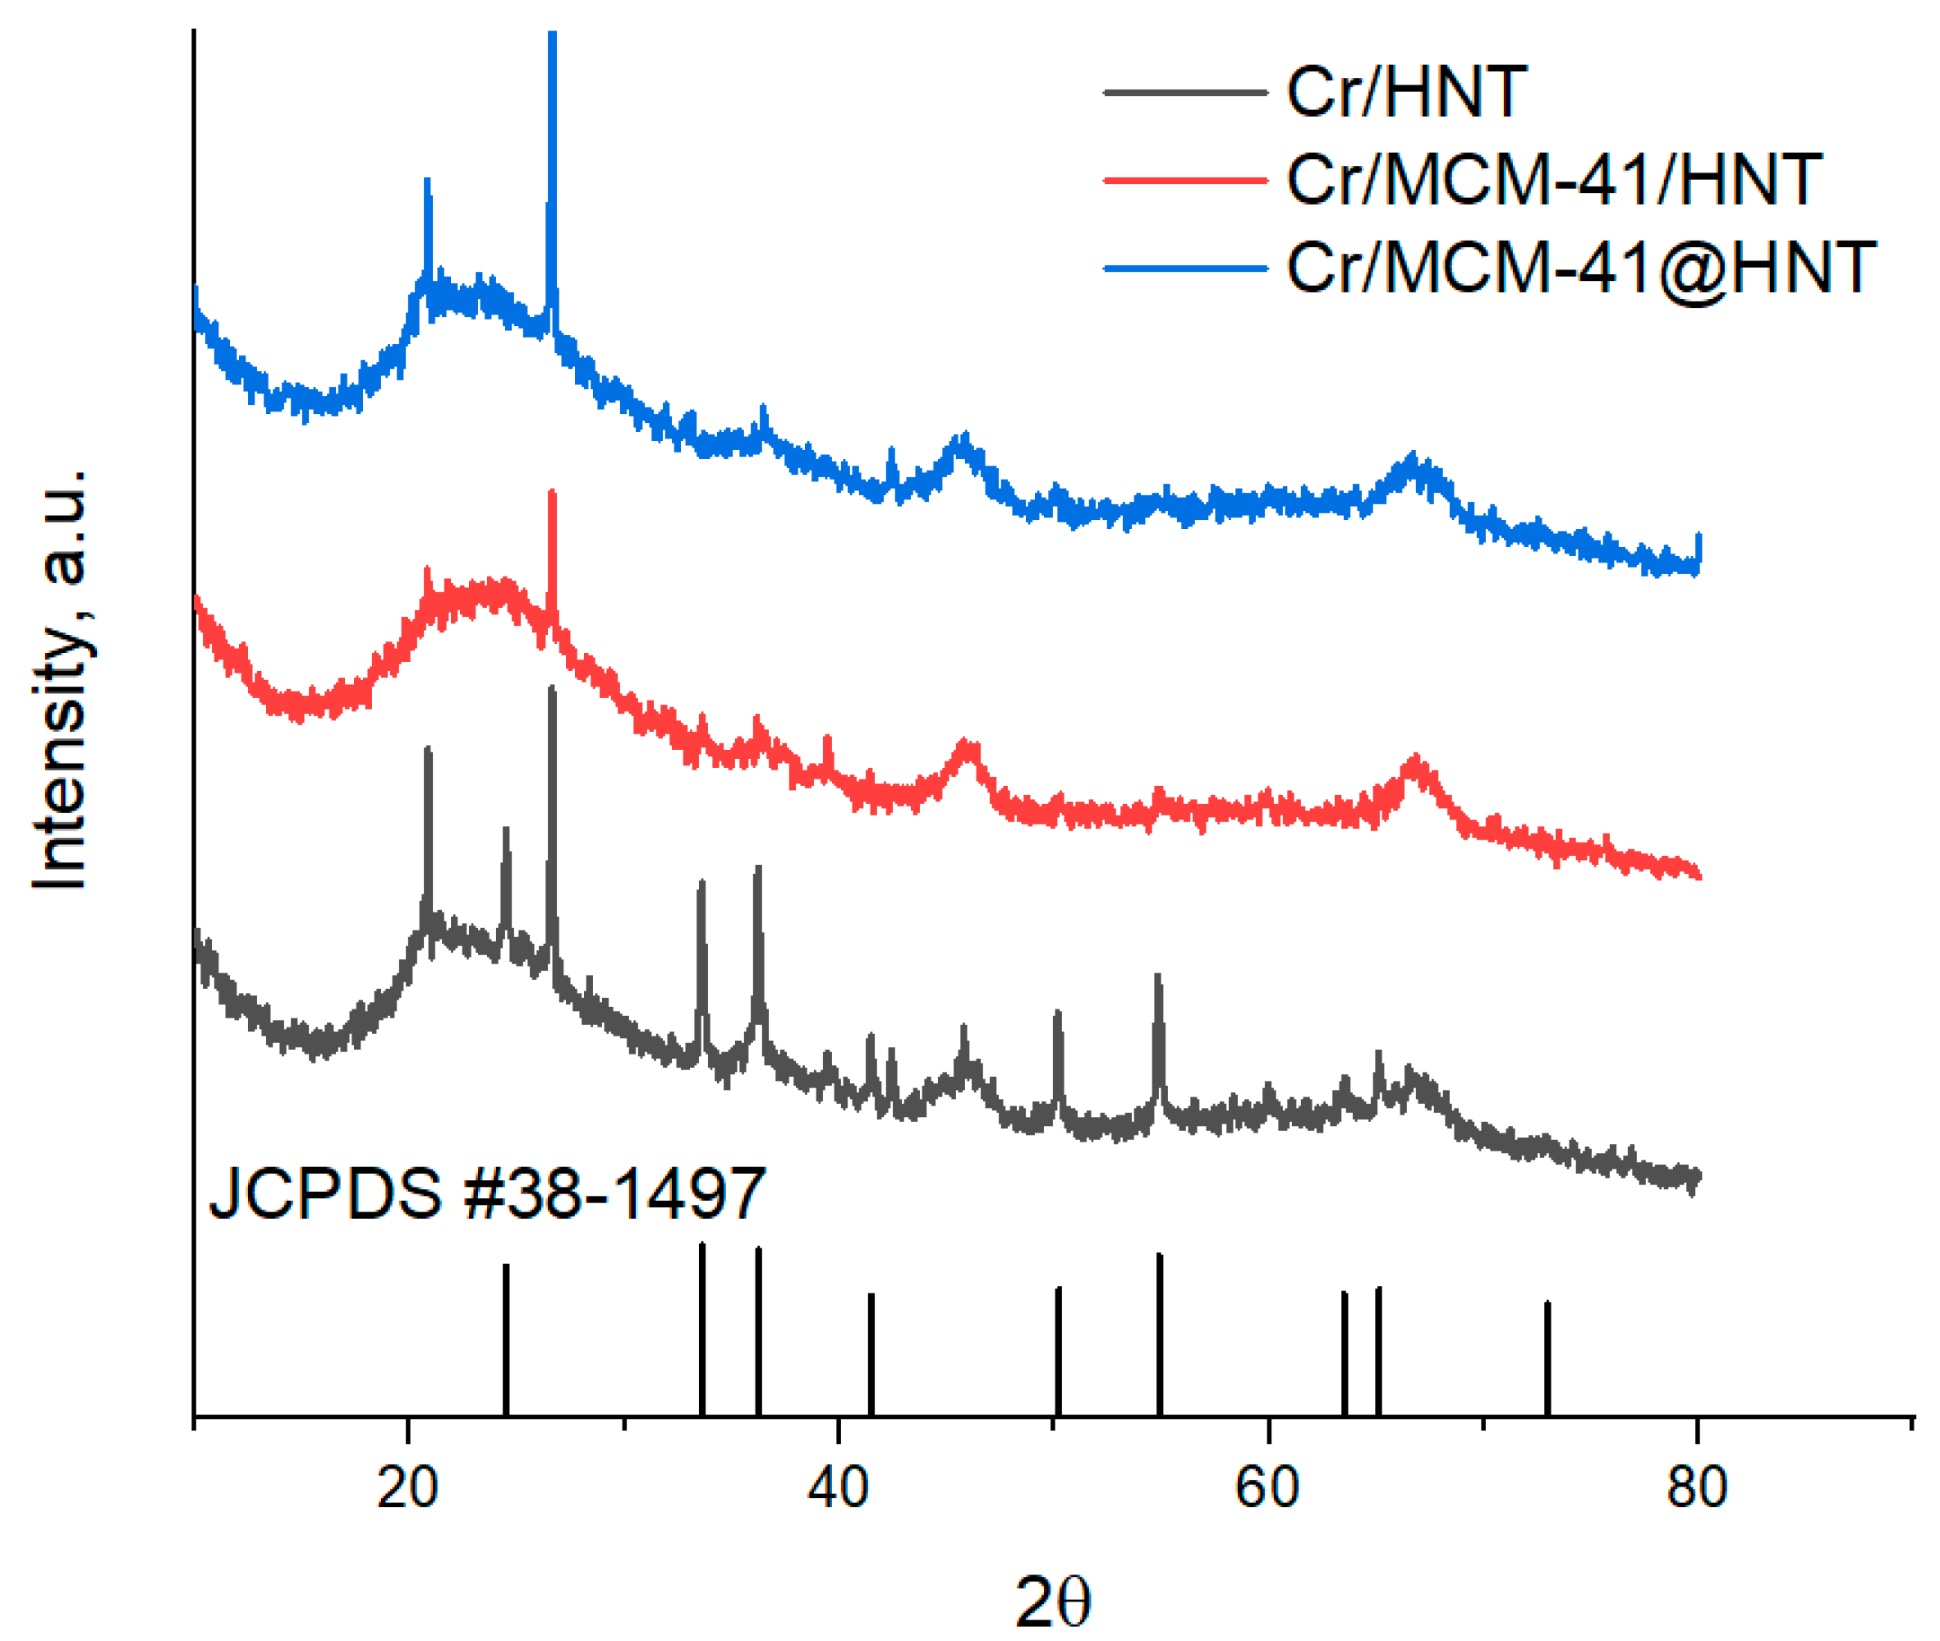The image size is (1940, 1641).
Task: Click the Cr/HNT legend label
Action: click(x=1405, y=92)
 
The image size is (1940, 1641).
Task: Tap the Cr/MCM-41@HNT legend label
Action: click(x=1580, y=268)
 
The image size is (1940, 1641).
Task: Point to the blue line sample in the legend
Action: click(x=1184, y=268)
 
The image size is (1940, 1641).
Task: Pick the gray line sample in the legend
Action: click(x=1184, y=92)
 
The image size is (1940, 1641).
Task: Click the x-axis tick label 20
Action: click(x=407, y=1487)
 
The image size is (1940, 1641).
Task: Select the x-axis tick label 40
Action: click(x=838, y=1487)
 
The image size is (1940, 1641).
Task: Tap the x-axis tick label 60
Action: click(x=1267, y=1487)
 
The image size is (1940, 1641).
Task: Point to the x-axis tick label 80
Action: click(x=1697, y=1487)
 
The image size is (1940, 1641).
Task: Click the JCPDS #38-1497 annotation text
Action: click(x=486, y=1193)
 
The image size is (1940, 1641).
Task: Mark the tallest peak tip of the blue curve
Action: click(x=552, y=35)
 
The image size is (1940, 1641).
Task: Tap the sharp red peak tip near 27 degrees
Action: click(x=552, y=494)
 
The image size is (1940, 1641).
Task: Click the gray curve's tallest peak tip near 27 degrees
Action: click(x=552, y=689)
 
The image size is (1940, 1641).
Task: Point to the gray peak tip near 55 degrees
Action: click(x=1157, y=977)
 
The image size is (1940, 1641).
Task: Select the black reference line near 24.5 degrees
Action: click(x=505, y=1340)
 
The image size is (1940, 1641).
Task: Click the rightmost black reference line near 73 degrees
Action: click(x=1547, y=1358)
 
